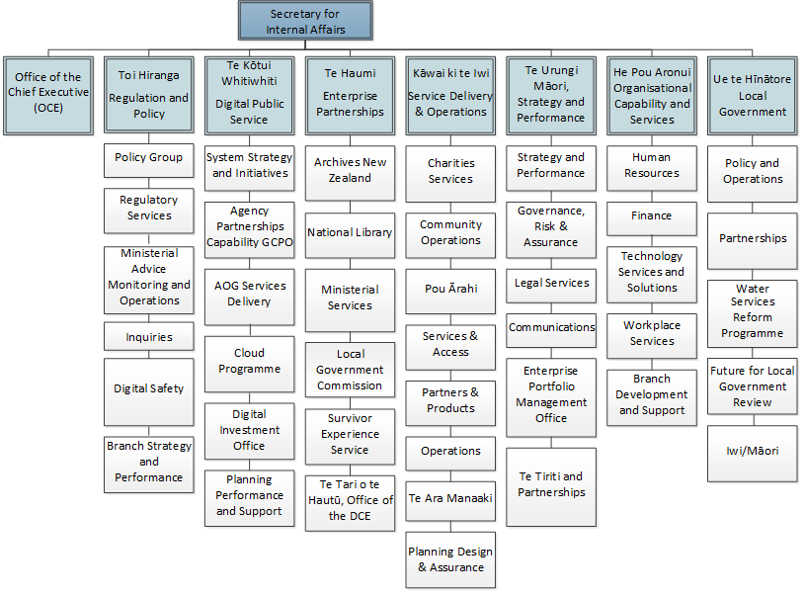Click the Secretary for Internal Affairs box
point(305,21)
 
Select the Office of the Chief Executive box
point(48,96)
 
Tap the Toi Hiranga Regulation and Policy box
point(149,95)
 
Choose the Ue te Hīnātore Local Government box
point(752,96)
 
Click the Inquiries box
point(149,336)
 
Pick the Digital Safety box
point(149,392)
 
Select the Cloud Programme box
point(250,365)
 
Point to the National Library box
point(350,236)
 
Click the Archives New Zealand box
point(350,173)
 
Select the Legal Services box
point(551,286)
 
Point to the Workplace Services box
point(652,336)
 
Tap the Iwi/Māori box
point(752,454)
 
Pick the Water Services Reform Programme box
point(752,314)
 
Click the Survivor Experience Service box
point(350,437)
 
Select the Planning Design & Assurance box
point(450,560)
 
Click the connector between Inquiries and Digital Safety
point(149,355)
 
